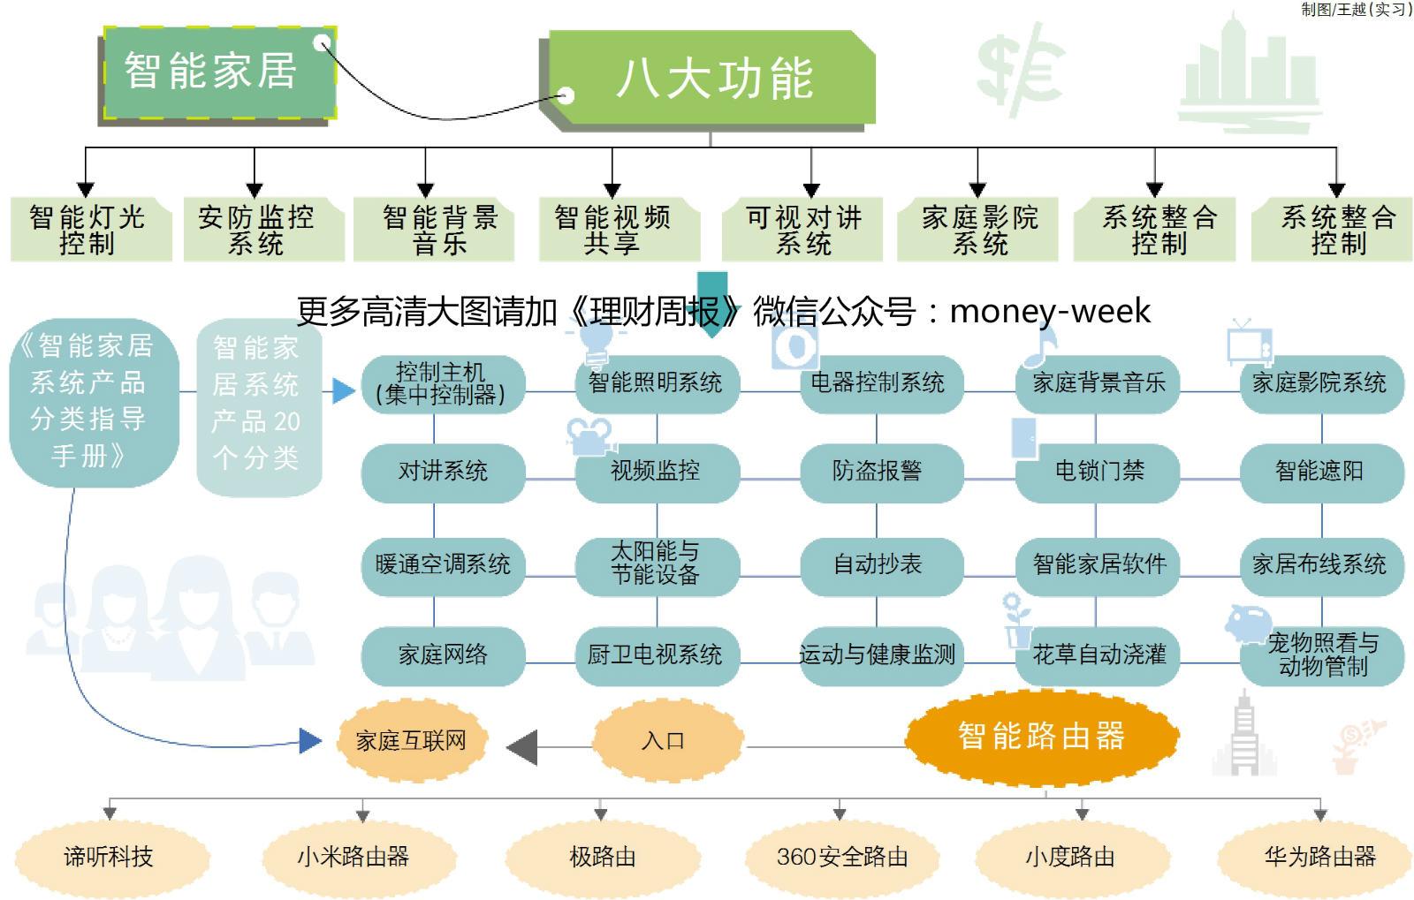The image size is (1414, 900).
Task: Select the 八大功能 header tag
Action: pos(712,79)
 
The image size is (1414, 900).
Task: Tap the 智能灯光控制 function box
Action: pos(89,230)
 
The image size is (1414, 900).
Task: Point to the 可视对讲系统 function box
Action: pos(802,230)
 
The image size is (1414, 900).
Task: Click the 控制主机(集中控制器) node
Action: pos(442,384)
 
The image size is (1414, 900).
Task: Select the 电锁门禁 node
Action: pos(1098,472)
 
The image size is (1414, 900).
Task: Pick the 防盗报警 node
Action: pos(877,472)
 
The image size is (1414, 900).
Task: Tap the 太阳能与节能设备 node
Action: pos(656,564)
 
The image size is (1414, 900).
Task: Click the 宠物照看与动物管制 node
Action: pos(1322,654)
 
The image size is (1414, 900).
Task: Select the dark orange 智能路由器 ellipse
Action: pos(1041,736)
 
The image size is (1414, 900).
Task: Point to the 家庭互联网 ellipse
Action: pos(411,741)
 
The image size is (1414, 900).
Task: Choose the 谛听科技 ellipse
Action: pos(110,857)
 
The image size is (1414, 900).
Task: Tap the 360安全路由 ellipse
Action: pos(841,857)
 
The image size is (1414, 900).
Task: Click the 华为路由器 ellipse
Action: pos(1319,857)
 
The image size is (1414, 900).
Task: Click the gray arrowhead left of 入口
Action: pos(522,747)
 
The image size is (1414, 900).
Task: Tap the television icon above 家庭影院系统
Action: pos(1250,343)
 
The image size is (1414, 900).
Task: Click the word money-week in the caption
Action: pos(1050,312)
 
